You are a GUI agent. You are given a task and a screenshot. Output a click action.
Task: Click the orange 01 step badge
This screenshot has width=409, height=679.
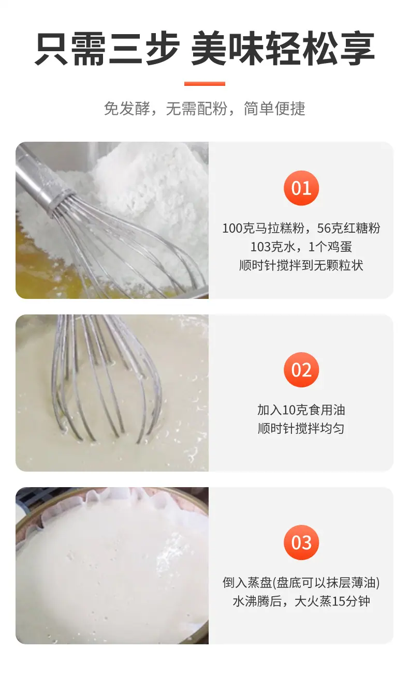point(301,188)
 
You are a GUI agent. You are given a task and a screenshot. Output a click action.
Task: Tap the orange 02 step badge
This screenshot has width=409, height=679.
point(301,370)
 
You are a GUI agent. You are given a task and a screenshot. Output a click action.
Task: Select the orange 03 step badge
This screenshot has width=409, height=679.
point(301,542)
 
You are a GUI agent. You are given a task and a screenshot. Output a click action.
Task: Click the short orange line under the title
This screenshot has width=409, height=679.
point(204,84)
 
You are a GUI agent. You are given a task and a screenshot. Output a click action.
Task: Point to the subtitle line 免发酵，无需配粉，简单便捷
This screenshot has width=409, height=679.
point(204,109)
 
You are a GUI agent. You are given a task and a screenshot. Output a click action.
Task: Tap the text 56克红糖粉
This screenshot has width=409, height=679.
point(348,228)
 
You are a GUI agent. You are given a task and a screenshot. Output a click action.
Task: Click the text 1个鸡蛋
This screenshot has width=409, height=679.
point(330,247)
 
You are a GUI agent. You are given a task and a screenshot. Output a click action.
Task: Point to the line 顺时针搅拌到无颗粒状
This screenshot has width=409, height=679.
point(301,265)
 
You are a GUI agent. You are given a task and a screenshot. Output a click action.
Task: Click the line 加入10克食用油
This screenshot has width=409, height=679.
point(301,410)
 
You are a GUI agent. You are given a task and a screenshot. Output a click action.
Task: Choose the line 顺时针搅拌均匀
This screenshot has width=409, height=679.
point(301,428)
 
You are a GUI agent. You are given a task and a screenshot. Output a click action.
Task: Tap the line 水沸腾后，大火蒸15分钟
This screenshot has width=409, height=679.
point(301,601)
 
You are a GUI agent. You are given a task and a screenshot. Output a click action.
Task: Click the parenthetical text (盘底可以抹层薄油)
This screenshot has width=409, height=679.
point(326,583)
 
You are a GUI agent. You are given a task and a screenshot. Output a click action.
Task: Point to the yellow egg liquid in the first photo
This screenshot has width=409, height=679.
point(49,273)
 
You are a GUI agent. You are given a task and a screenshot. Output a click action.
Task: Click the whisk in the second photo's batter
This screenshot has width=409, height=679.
point(106,379)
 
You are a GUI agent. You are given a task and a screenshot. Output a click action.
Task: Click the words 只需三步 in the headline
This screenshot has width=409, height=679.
point(108,49)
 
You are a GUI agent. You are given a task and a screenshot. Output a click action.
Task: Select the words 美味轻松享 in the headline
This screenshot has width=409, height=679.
point(283,49)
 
